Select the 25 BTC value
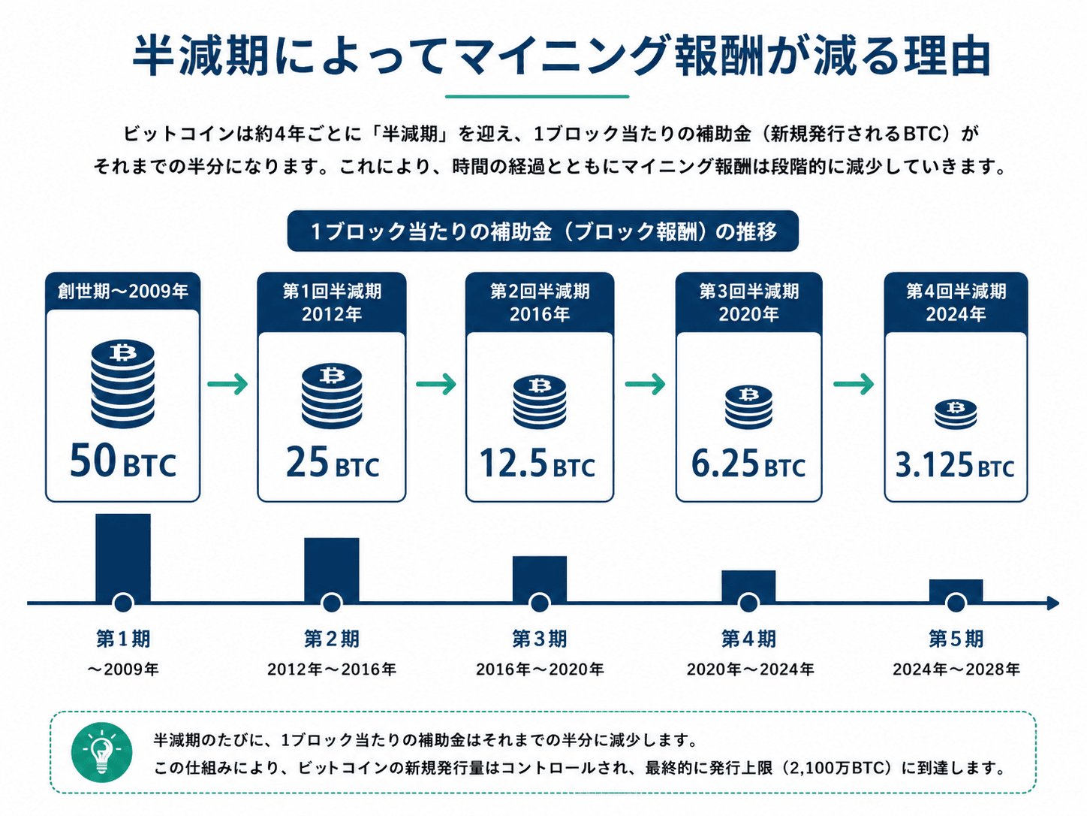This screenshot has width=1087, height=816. [x=333, y=462]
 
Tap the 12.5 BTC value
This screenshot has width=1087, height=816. [x=537, y=464]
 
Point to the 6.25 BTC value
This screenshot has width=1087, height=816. [x=748, y=464]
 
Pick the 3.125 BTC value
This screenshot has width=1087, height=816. [x=955, y=464]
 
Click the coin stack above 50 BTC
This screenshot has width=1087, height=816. [x=123, y=383]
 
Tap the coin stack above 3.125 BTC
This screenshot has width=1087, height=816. [x=956, y=414]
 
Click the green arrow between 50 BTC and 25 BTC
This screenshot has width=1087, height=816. [x=227, y=384]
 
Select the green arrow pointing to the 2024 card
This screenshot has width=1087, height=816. [x=854, y=384]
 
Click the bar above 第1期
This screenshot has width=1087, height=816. [x=123, y=558]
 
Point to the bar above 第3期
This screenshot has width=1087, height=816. [x=539, y=579]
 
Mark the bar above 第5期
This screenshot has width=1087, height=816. [x=956, y=590]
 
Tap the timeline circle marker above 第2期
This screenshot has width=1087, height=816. [x=331, y=603]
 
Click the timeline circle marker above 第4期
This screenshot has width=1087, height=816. [x=748, y=603]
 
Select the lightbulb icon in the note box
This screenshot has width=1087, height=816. [x=101, y=752]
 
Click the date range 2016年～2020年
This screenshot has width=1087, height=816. [x=540, y=669]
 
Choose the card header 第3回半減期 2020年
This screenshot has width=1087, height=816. [x=748, y=302]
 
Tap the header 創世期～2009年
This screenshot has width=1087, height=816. [x=123, y=291]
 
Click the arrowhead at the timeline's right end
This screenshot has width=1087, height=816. [x=1053, y=603]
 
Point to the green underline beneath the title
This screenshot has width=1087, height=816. [x=537, y=96]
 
